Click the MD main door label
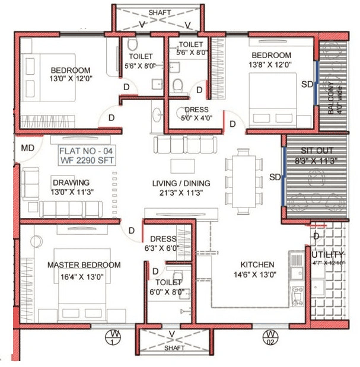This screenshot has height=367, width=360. (x=26, y=148)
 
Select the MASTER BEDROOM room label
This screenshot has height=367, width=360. (x=84, y=265)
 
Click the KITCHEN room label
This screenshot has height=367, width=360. (x=257, y=264)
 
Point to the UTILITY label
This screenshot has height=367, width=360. (x=324, y=255)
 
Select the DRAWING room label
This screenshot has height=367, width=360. (x=70, y=182)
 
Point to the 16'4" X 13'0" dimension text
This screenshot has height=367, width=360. (x=84, y=276)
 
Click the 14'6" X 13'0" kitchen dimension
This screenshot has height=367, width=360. (x=257, y=275)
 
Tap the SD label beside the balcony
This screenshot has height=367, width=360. (x=306, y=84)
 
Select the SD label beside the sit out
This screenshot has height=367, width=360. (x=274, y=177)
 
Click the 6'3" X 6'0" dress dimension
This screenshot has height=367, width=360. (x=161, y=248)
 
